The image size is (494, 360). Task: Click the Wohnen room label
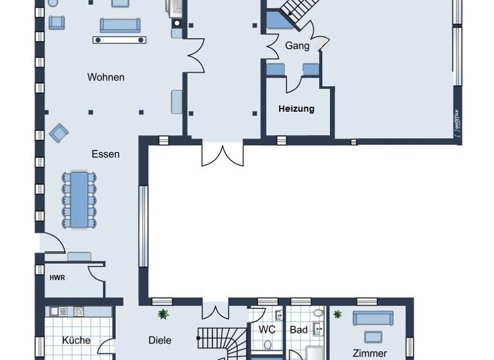(106, 77)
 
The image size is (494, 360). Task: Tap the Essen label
(105, 154)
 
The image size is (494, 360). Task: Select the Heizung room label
(297, 109)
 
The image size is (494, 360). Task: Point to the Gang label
(298, 46)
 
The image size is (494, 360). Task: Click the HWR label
(57, 278)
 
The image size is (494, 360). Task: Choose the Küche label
(76, 340)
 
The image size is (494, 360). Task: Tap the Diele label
(160, 340)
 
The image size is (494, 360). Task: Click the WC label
(267, 329)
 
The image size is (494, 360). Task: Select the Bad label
(299, 329)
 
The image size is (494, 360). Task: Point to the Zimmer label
(370, 353)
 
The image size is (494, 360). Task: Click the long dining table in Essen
(80, 199)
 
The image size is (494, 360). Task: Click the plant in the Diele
(163, 314)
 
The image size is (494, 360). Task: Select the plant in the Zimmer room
(338, 314)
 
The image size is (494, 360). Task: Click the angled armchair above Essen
(59, 133)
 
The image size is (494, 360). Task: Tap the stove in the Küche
(78, 311)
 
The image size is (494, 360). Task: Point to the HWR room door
(97, 273)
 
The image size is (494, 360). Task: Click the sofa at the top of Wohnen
(120, 25)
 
